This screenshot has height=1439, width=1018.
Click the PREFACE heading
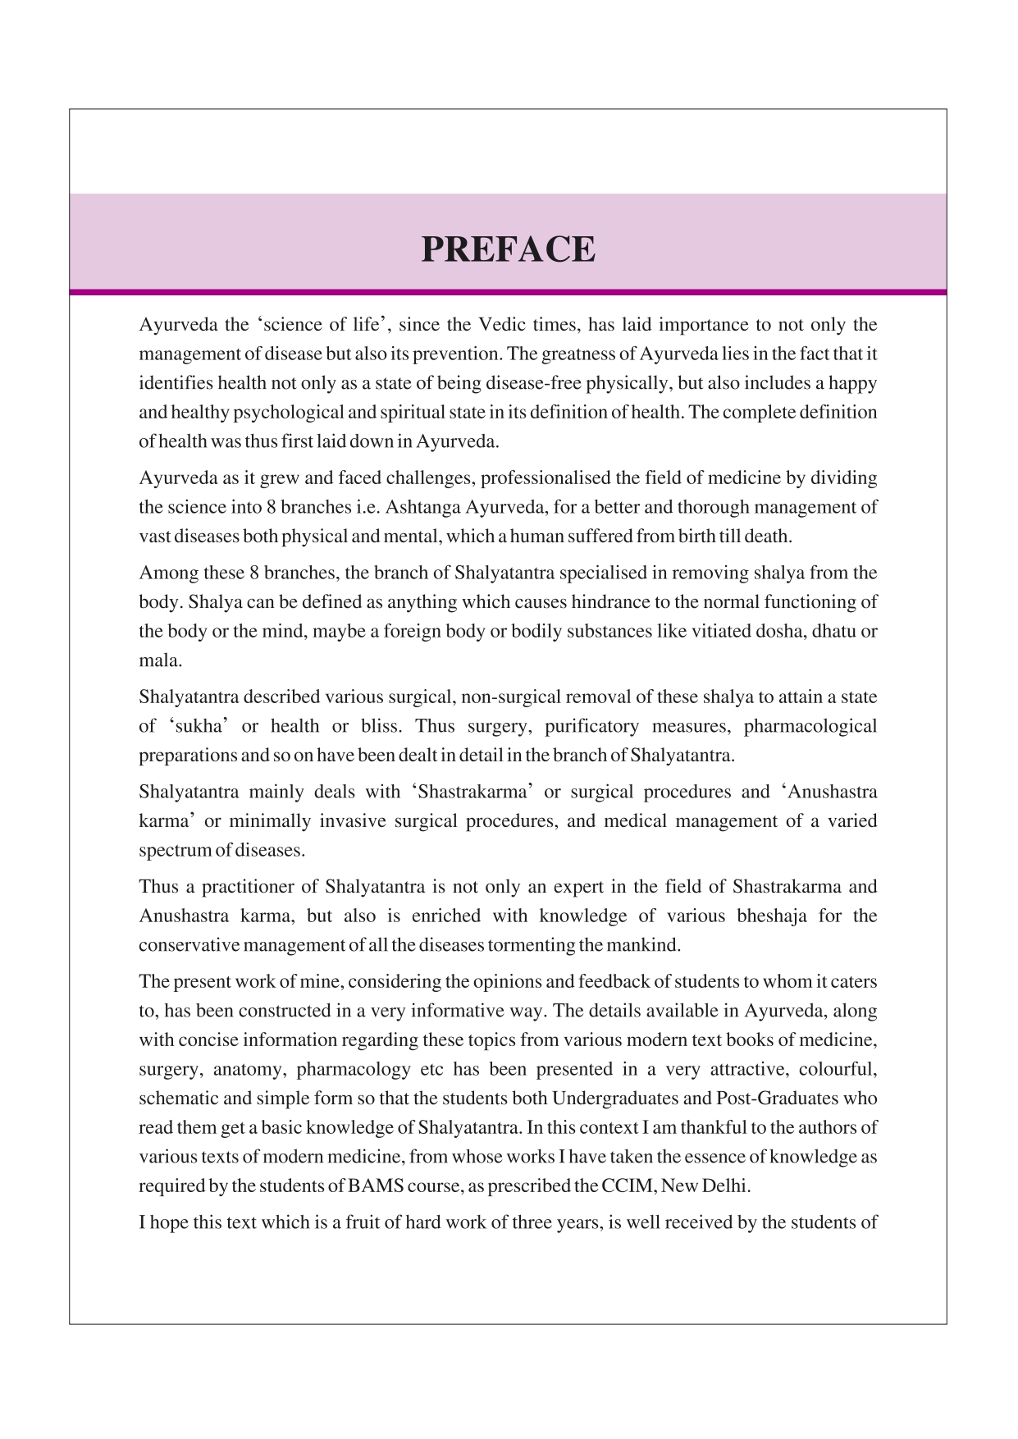tap(508, 249)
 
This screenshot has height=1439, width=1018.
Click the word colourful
tap(839, 1070)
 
